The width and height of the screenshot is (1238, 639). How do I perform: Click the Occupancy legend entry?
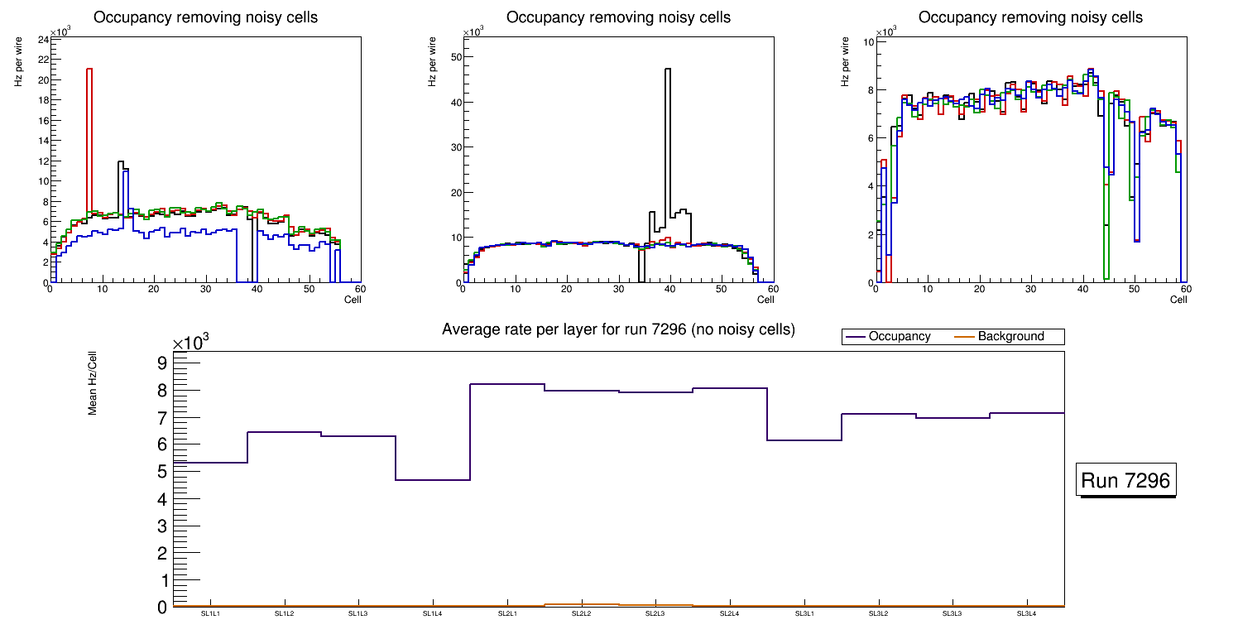click(899, 337)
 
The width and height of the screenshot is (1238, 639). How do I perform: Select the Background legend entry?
click(1010, 337)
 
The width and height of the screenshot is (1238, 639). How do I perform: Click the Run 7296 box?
click(1127, 481)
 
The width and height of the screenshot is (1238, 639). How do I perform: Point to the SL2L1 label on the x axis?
click(507, 613)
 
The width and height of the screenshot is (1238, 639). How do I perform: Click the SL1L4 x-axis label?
click(433, 613)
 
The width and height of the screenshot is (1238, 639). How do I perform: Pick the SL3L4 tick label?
click(1027, 613)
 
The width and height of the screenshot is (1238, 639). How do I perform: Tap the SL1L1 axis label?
click(210, 613)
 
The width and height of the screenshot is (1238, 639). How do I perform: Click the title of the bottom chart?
click(618, 329)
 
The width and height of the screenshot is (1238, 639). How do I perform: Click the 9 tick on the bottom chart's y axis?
click(161, 363)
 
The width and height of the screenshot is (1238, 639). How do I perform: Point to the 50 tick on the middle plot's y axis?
click(454, 57)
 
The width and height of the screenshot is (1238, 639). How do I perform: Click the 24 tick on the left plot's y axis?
click(41, 40)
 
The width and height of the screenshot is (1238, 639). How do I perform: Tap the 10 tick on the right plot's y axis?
click(869, 41)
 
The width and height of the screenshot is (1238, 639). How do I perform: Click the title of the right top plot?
click(1030, 17)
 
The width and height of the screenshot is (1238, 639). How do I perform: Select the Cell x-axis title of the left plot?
click(353, 300)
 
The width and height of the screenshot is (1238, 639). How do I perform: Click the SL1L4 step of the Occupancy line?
click(433, 480)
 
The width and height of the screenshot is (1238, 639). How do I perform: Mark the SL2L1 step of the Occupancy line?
click(507, 384)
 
